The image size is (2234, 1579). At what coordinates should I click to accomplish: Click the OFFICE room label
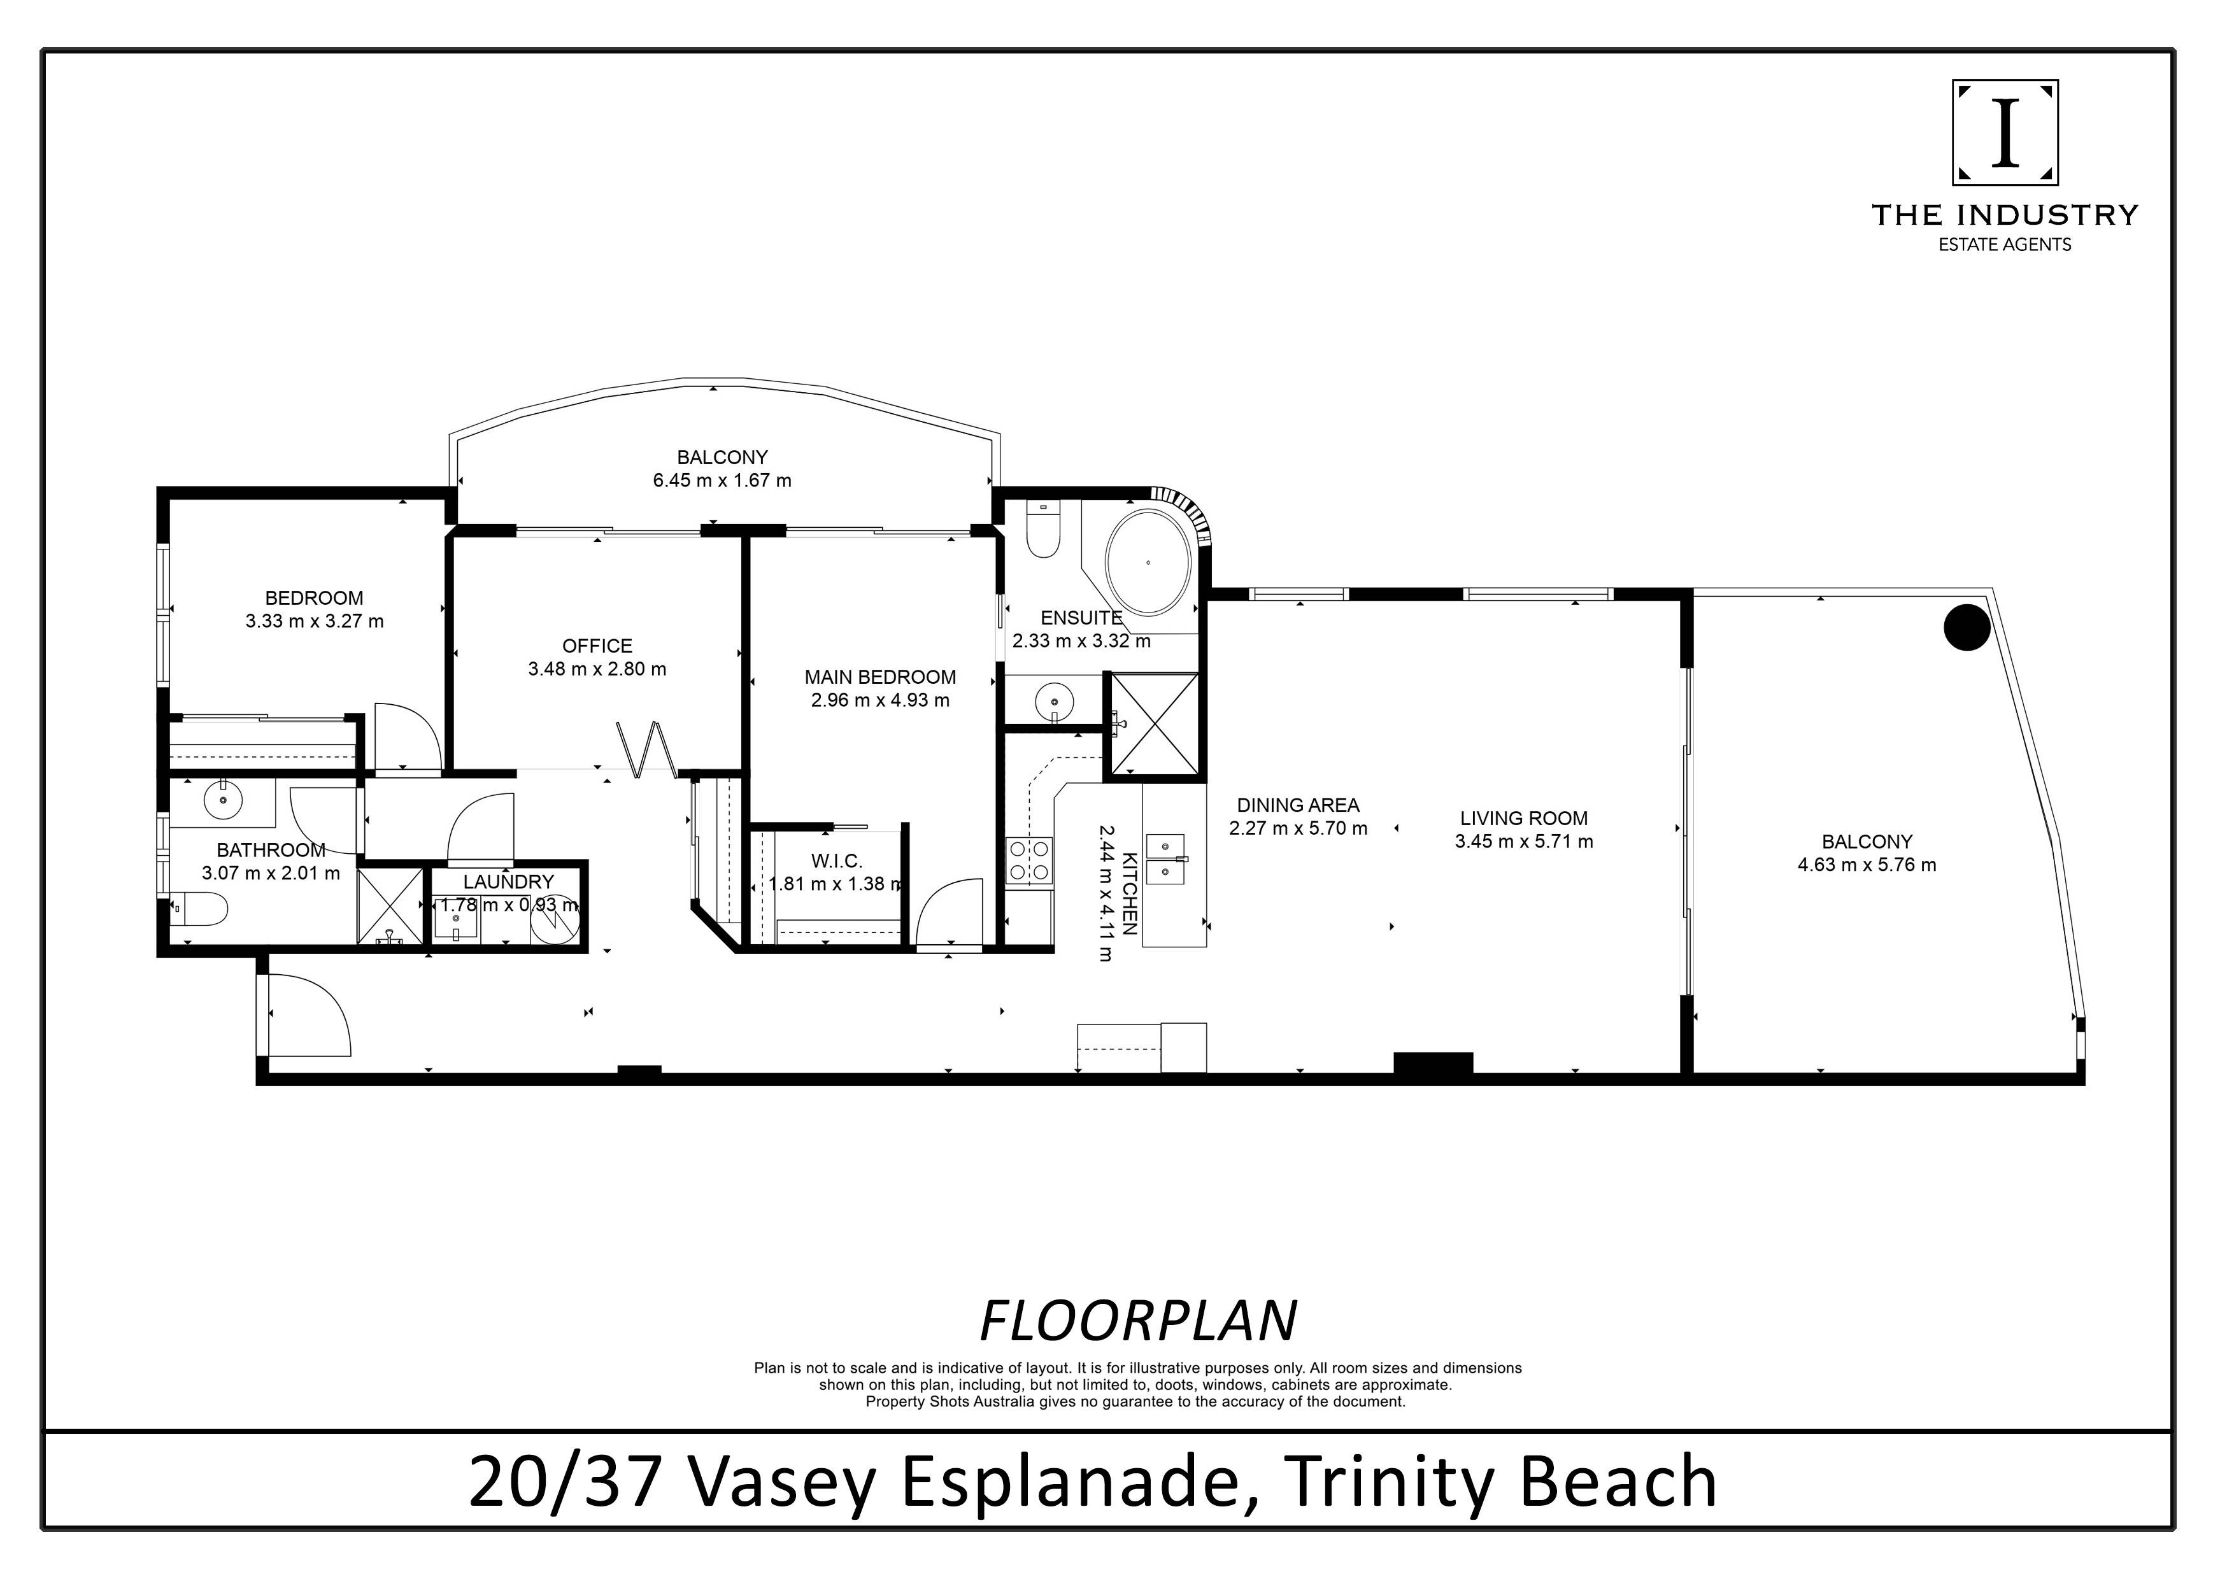pyautogui.click(x=597, y=646)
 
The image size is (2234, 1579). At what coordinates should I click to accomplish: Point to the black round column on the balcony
pyautogui.click(x=1967, y=628)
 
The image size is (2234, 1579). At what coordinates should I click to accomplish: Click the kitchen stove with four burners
pyautogui.click(x=1029, y=860)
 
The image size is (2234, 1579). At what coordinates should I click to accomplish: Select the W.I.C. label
pyautogui.click(x=837, y=861)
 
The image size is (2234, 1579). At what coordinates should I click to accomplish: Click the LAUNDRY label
pyautogui.click(x=508, y=882)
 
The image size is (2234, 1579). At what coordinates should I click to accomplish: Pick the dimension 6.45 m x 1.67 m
pyautogui.click(x=722, y=481)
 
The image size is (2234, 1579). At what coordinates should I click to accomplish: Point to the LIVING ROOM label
pyautogui.click(x=1524, y=819)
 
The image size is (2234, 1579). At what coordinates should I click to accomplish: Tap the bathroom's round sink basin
pyautogui.click(x=224, y=800)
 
